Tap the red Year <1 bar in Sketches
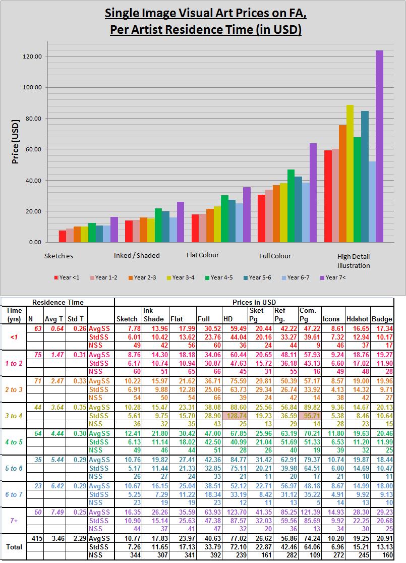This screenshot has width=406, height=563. click(x=62, y=236)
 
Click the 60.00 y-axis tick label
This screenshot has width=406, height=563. click(x=34, y=149)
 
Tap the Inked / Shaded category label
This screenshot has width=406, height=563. click(x=137, y=255)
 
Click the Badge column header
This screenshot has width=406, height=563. click(x=382, y=319)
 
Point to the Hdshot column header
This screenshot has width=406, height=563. click(x=357, y=319)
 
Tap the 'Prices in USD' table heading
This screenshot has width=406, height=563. click(x=254, y=302)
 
